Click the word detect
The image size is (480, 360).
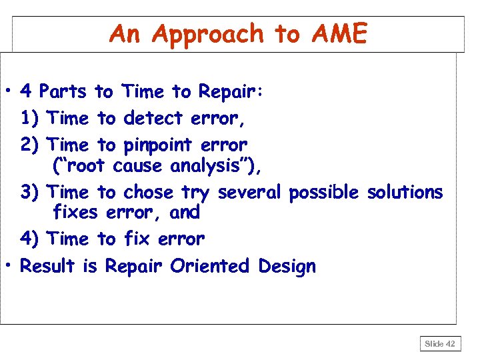click(x=153, y=119)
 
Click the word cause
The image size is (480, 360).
click(x=137, y=165)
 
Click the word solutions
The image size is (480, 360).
click(x=405, y=193)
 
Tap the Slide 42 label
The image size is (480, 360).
click(x=441, y=343)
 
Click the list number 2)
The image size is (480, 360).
click(x=31, y=145)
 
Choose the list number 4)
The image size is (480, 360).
click(x=31, y=239)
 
